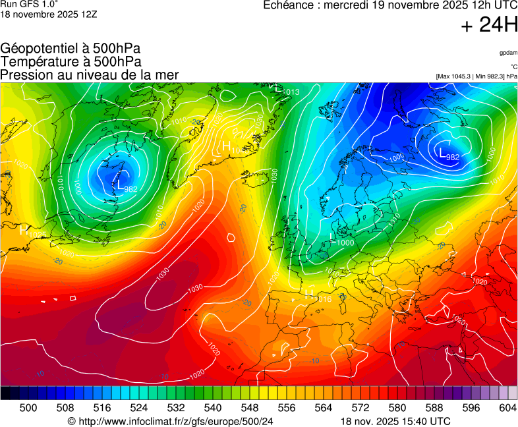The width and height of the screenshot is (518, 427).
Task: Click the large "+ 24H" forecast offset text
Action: click(x=490, y=25)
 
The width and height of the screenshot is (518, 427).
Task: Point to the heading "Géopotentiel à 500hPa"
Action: click(x=71, y=48)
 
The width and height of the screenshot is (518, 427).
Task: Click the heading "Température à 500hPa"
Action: click(x=71, y=61)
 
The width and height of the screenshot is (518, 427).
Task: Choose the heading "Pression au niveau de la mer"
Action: click(x=90, y=74)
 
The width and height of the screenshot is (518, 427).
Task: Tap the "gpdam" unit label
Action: click(x=508, y=53)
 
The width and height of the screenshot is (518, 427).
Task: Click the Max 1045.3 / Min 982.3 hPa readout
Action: click(x=476, y=76)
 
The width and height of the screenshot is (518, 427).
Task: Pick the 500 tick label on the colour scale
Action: click(x=28, y=409)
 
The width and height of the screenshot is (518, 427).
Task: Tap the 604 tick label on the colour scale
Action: click(x=507, y=409)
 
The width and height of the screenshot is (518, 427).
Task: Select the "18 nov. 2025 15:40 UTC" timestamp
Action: click(x=395, y=421)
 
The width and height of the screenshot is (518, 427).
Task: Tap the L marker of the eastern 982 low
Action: click(x=442, y=152)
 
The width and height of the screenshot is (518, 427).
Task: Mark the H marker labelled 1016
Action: click(x=309, y=293)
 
